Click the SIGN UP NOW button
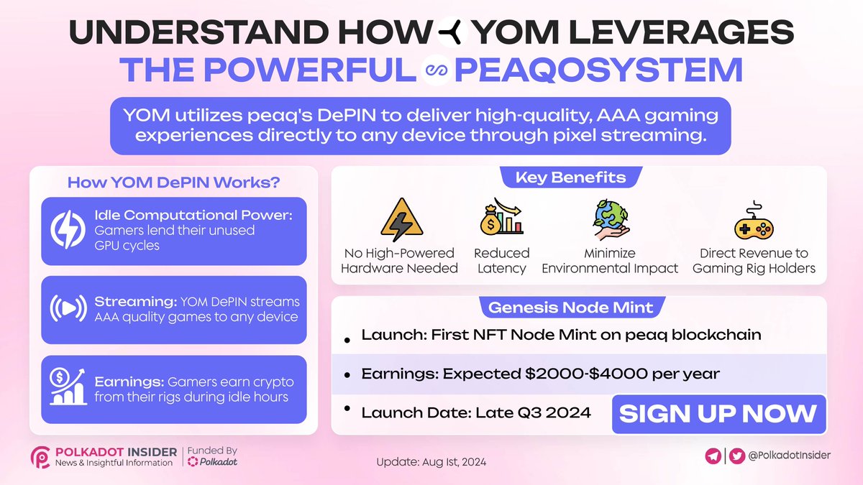click(718, 414)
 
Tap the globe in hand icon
click(609, 218)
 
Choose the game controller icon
click(754, 223)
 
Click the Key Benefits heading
click(570, 177)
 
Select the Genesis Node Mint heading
click(570, 308)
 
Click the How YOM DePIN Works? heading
click(173, 182)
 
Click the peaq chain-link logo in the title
click(435, 70)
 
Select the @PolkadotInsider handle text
click(790, 456)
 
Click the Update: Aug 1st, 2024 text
click(431, 462)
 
